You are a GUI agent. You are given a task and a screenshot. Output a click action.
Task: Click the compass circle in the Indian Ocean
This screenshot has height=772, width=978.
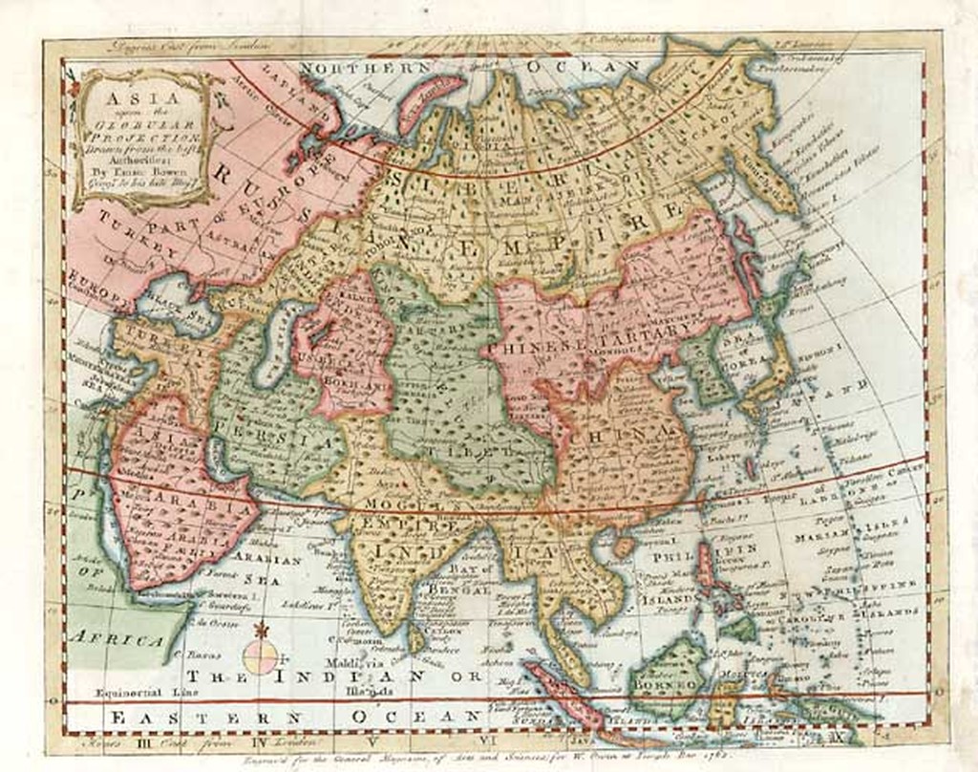coord(261,656)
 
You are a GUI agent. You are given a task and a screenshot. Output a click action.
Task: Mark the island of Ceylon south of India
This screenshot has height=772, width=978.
coord(416,634)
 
